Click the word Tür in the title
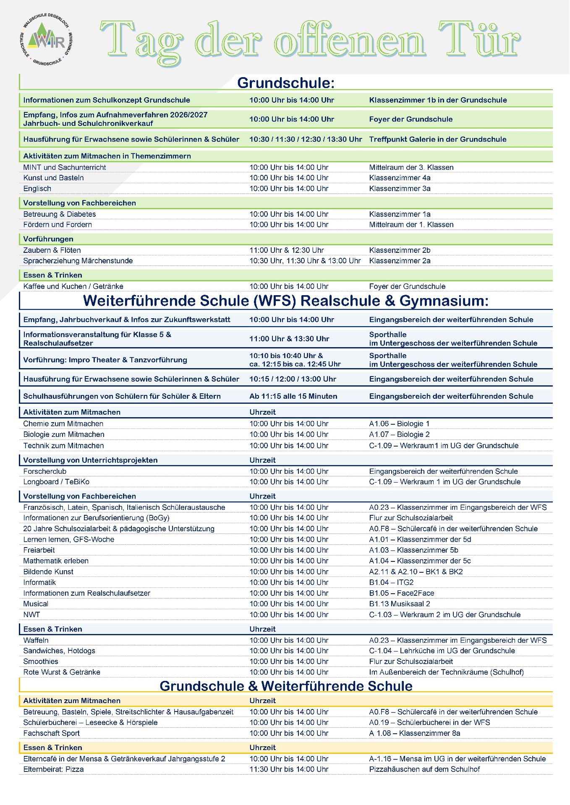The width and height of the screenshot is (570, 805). click(479, 40)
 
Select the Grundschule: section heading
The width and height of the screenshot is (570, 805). click(286, 83)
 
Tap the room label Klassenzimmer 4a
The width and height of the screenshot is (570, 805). click(400, 178)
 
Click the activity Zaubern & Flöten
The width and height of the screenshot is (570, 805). click(52, 250)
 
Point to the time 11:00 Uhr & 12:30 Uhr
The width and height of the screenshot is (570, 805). click(287, 250)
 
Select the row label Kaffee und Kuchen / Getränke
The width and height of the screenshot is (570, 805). click(73, 286)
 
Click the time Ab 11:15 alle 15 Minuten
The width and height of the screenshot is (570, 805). click(293, 396)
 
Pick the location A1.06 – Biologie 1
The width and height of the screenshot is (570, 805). click(399, 424)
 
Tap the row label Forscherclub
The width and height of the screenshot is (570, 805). click(45, 471)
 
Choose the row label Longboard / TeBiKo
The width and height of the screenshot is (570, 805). click(56, 482)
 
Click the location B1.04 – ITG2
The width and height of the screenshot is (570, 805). click(391, 582)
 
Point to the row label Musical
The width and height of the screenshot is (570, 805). click(36, 604)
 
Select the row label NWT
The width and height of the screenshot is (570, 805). click(31, 615)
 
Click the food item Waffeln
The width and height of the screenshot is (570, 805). click(36, 640)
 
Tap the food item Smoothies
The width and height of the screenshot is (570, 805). click(41, 661)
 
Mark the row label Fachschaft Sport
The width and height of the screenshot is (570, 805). click(52, 733)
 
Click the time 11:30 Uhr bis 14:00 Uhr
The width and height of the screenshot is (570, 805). click(289, 769)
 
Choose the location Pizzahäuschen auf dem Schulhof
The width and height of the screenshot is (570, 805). click(424, 769)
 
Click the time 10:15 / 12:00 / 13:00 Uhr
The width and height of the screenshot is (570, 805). click(293, 379)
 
